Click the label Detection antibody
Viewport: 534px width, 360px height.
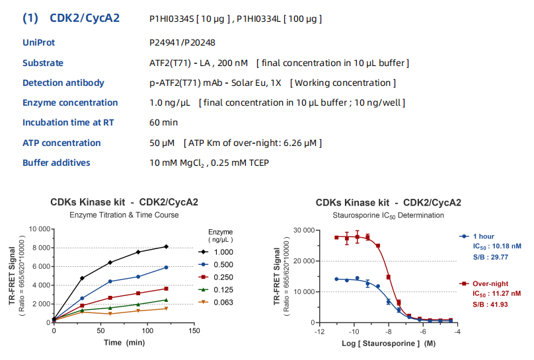tap(63, 83)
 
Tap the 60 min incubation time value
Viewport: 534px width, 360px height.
tap(163, 123)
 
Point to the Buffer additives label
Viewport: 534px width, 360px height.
tap(56, 162)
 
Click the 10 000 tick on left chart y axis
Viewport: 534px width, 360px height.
tap(36, 229)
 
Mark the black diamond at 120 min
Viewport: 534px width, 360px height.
tap(166, 246)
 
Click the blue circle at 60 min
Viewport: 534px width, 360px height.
tap(110, 281)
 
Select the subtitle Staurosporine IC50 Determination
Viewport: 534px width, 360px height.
tap(388, 215)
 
